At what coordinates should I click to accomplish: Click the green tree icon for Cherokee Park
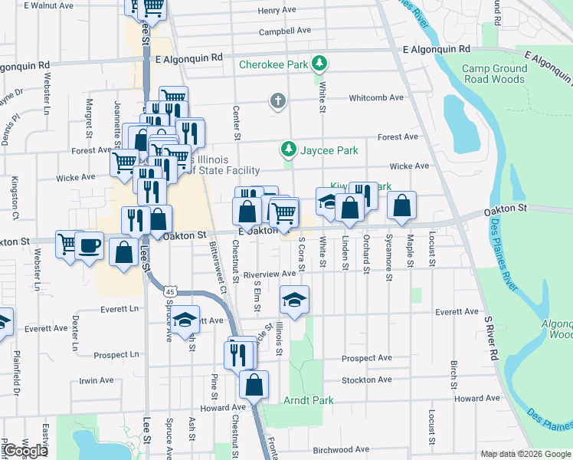tap(320, 64)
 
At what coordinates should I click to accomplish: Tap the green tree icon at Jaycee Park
tap(288, 148)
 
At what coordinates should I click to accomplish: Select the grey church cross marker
tap(277, 100)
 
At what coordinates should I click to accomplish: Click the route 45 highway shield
tap(170, 291)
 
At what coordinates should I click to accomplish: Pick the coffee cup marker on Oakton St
tap(89, 245)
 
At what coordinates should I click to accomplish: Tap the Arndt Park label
tap(309, 400)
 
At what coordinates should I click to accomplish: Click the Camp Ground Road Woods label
tap(494, 74)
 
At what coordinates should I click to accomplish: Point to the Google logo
tap(25, 451)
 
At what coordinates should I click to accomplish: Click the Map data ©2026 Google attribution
tap(526, 454)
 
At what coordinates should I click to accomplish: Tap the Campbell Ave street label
tap(285, 31)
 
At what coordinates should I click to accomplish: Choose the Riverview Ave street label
tap(269, 274)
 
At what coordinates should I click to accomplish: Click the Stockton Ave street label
tap(367, 379)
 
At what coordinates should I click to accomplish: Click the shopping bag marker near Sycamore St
tap(401, 205)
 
